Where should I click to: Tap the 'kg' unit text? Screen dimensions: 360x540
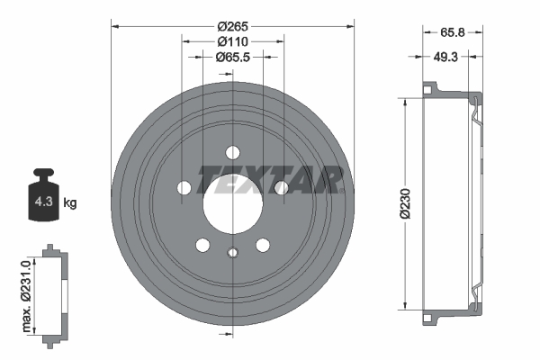click(70, 203)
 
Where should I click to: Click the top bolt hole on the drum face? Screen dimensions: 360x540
click(232, 152)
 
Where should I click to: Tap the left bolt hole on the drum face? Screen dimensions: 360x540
click(184, 187)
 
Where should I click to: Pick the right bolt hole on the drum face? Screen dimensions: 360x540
click(280, 187)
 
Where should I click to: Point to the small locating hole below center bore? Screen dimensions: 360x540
click(232, 253)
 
